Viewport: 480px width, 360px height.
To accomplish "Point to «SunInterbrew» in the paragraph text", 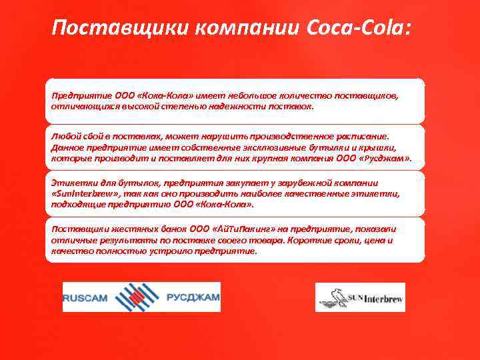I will tap(85, 194).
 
